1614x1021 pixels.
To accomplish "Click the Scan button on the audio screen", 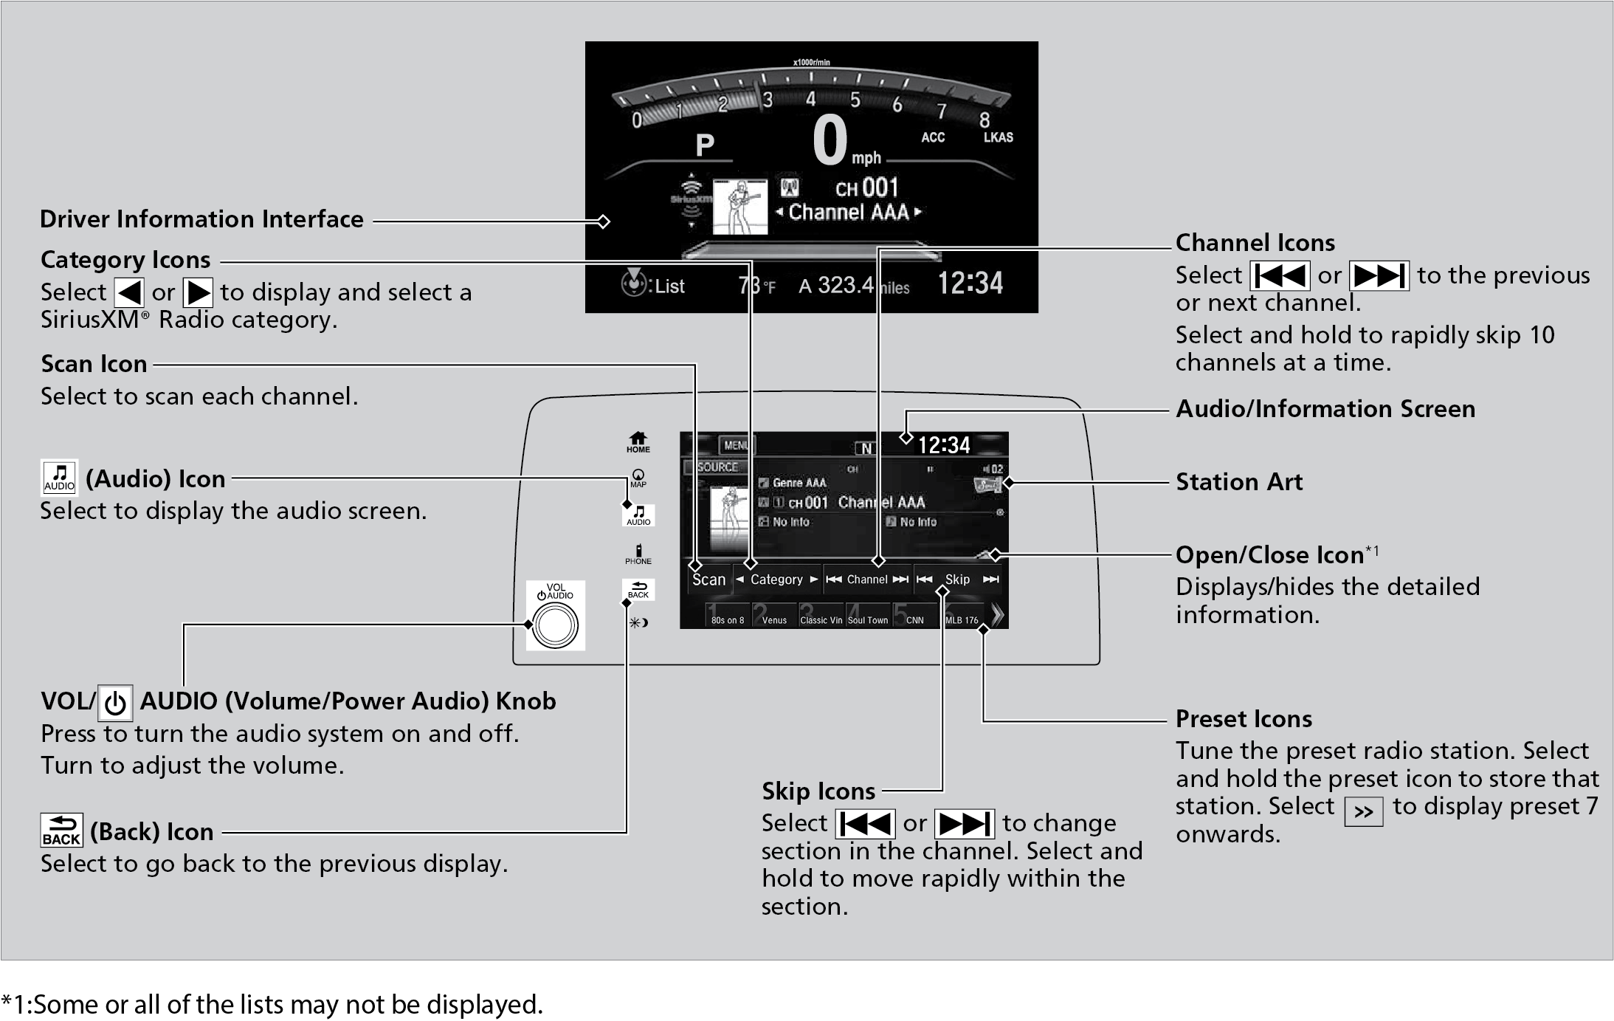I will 708,580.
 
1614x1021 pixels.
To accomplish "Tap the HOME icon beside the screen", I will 638,441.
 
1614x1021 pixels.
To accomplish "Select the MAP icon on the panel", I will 638,478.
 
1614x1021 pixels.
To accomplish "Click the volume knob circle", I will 555,625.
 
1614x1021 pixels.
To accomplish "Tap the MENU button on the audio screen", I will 736,445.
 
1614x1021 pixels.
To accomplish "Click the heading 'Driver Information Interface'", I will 201,219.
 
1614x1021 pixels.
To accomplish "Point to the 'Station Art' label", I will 1239,482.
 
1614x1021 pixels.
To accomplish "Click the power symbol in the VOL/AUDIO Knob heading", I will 115,703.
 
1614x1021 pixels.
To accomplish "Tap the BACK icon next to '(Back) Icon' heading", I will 61,831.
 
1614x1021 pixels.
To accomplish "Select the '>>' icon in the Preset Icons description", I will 1363,812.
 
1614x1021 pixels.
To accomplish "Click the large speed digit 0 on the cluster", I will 830,140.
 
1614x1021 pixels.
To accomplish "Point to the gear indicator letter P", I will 705,145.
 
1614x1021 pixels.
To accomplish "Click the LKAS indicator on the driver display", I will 998,137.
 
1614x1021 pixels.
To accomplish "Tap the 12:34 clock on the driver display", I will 970,283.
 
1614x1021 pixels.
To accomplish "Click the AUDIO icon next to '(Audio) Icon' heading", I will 59,478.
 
